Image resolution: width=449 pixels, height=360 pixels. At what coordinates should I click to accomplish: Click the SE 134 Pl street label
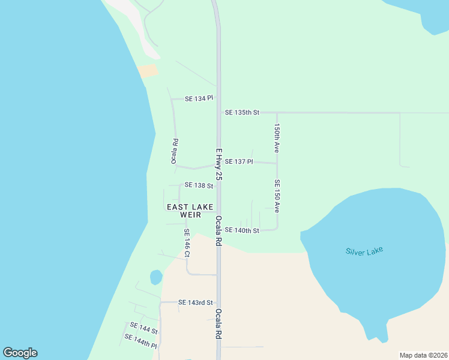click(x=199, y=98)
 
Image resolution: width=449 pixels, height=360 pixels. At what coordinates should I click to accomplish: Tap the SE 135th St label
click(x=242, y=112)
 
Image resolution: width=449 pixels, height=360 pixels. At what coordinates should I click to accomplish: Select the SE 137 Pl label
click(x=239, y=161)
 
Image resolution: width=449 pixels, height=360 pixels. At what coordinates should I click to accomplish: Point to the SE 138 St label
click(x=199, y=185)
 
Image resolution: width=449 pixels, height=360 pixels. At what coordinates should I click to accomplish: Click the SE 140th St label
click(x=242, y=230)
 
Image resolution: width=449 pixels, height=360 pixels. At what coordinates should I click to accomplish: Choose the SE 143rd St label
click(x=196, y=302)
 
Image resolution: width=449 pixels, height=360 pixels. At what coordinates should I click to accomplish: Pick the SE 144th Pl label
click(x=140, y=341)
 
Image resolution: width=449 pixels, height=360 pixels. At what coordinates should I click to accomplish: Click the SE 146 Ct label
click(x=187, y=243)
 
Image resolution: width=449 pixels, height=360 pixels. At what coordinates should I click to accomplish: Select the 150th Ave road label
click(x=277, y=137)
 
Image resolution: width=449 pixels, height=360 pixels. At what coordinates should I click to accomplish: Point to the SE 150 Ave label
click(x=277, y=196)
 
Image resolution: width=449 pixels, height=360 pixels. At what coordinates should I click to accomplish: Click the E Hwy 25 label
click(x=219, y=165)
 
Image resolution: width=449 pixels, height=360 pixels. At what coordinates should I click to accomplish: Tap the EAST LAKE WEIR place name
click(x=190, y=211)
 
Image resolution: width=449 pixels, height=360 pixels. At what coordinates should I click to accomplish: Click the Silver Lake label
click(x=364, y=251)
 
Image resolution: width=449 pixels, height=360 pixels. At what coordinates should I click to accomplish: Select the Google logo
click(x=20, y=353)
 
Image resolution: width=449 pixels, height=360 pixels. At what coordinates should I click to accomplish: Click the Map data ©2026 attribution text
click(x=423, y=355)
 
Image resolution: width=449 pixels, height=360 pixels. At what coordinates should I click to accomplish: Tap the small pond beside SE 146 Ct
click(x=156, y=277)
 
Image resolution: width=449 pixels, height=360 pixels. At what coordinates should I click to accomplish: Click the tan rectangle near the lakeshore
click(x=148, y=71)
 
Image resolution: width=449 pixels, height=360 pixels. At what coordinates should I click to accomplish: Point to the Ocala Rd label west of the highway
click(x=175, y=152)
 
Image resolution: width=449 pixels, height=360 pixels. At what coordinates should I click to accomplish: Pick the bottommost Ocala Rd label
click(x=219, y=325)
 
